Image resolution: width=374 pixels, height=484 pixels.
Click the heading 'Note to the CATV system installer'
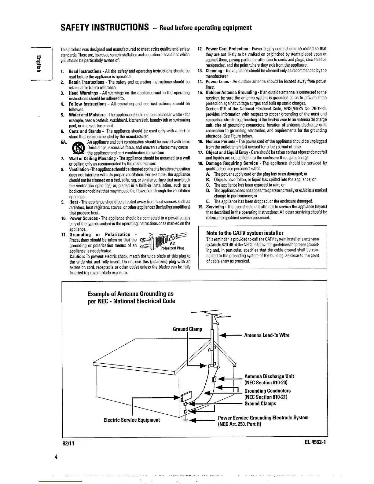click(x=245, y=233)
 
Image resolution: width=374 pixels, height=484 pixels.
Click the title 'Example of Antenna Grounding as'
click(x=130, y=294)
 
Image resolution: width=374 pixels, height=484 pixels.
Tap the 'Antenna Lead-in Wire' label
click(x=267, y=335)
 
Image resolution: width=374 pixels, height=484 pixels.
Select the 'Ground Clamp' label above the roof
click(x=187, y=329)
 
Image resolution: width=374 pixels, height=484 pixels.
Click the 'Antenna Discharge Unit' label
click(x=269, y=376)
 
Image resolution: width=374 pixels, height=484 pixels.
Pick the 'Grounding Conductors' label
click(x=268, y=391)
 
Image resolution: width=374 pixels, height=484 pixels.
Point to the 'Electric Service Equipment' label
click(x=132, y=420)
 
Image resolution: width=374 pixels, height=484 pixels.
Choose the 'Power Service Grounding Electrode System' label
click(x=263, y=418)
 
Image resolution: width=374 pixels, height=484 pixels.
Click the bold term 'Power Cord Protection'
click(x=227, y=49)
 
